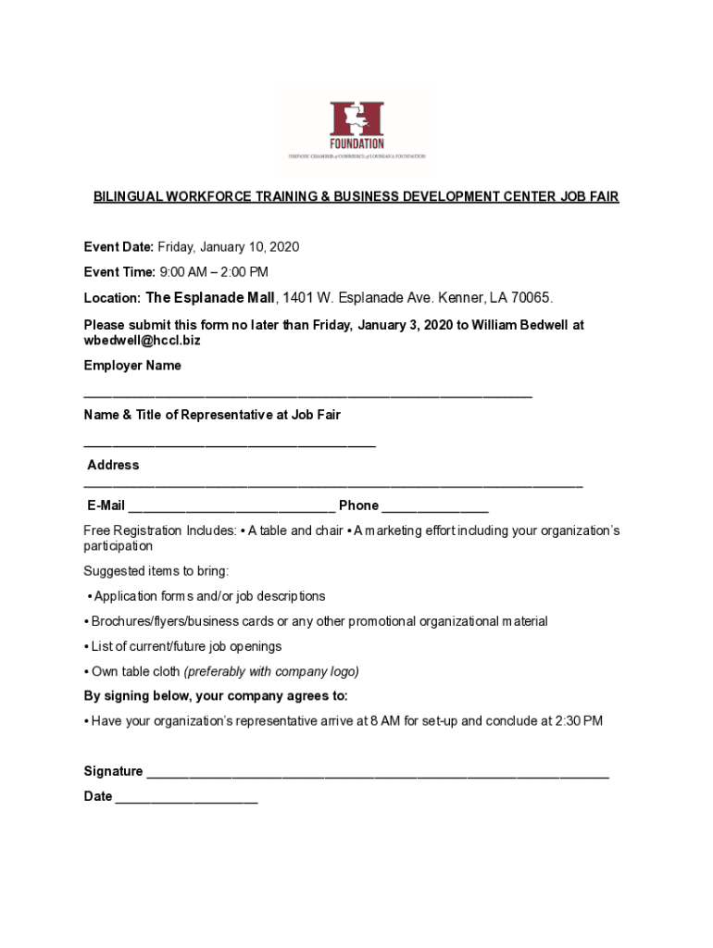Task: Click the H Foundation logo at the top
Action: [356, 129]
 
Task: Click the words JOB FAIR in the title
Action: [589, 197]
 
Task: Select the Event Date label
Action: [119, 247]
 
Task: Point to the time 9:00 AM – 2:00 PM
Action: [214, 272]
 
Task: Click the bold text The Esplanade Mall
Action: [210, 298]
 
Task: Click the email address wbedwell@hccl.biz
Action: [142, 341]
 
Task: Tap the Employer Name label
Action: [132, 366]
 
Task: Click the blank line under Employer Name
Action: [307, 394]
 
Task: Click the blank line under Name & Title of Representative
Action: [230, 445]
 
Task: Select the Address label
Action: [113, 465]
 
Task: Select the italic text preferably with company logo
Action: [271, 671]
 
